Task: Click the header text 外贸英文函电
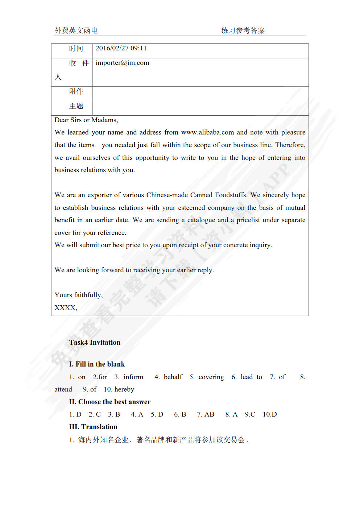(76, 30)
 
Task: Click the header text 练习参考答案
(243, 30)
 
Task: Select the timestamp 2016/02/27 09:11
(121, 48)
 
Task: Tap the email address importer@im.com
(122, 63)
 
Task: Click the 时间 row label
(76, 49)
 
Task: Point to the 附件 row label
(76, 91)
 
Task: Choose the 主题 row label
(76, 106)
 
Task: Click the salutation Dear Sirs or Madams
(86, 120)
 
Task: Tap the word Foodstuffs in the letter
(231, 195)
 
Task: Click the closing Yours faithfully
(78, 295)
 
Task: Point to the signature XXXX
(65, 308)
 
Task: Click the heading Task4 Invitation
(95, 342)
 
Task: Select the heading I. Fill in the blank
(97, 364)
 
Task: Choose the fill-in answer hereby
(124, 389)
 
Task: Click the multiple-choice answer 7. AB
(206, 414)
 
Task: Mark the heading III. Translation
(93, 427)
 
